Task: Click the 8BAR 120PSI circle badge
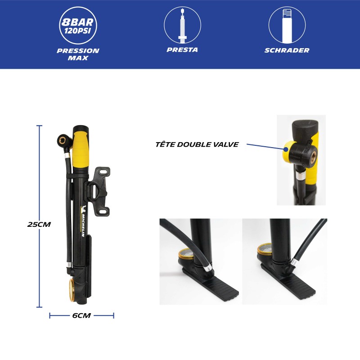78,25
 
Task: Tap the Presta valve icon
183,25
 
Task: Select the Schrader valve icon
287,25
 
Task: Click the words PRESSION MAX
78,54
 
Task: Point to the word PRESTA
182,50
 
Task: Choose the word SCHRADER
287,50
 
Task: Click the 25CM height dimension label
39,224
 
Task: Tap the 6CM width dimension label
81,315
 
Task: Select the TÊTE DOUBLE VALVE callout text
197,144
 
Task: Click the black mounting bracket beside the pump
98,191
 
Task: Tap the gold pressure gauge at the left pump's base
72,290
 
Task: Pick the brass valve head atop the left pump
63,140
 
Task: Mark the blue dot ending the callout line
286,149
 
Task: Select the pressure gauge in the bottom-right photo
265,249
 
